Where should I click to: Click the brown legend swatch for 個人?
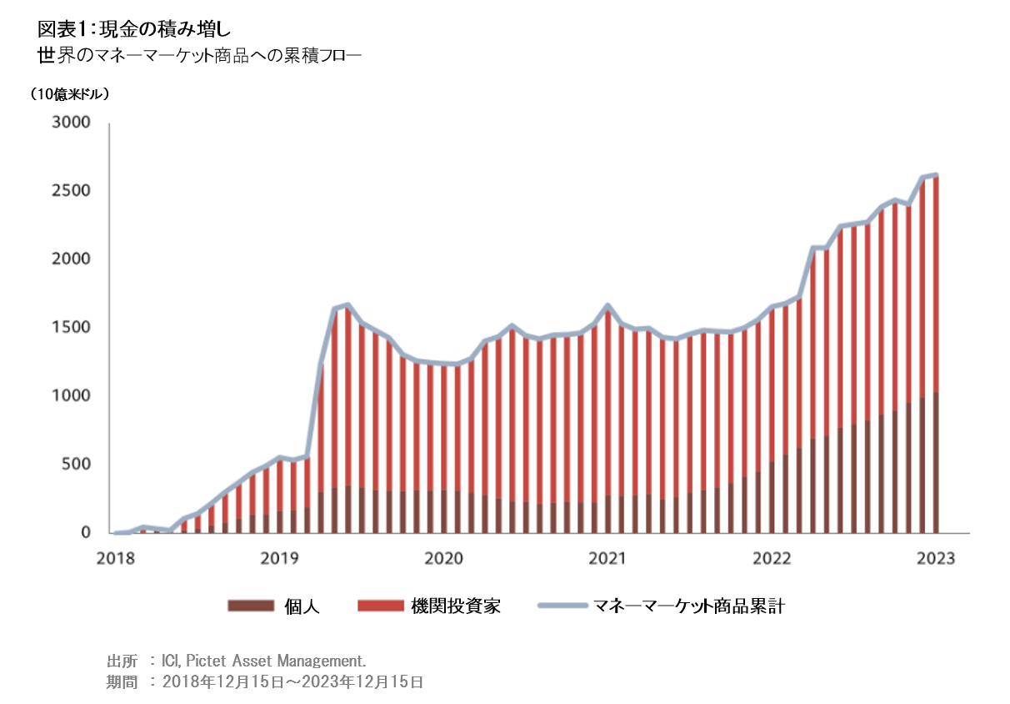(x=250, y=606)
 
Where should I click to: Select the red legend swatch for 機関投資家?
(x=380, y=606)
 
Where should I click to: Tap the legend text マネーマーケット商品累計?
(x=688, y=606)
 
